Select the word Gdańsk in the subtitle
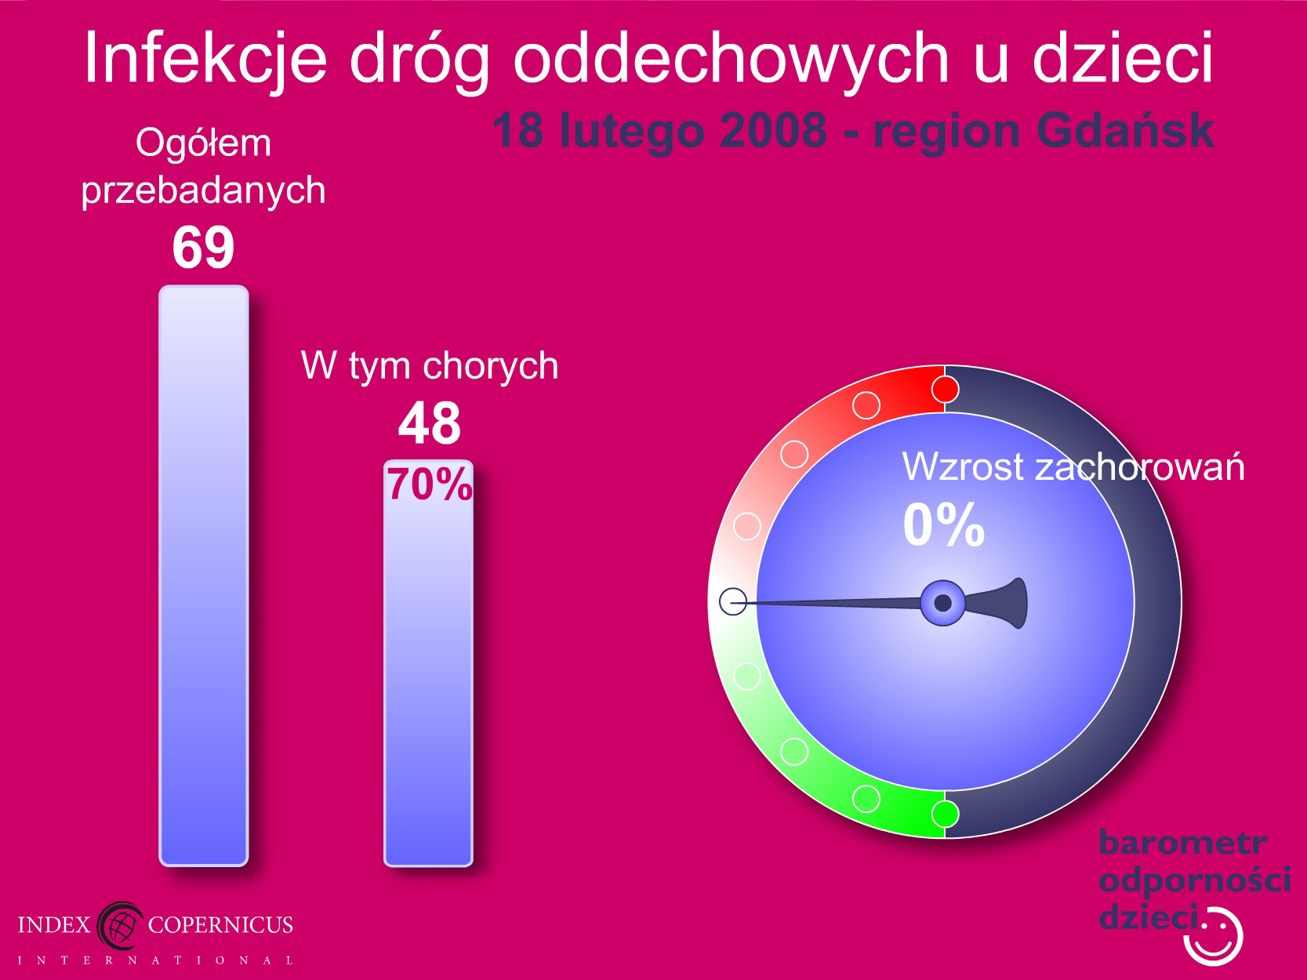[1125, 132]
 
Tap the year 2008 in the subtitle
[773, 130]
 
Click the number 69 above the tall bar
[203, 246]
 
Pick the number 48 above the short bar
[430, 423]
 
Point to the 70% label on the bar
[430, 484]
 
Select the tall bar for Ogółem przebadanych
[204, 575]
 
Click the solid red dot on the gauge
[945, 390]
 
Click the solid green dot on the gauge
[945, 813]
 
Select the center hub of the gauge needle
[942, 603]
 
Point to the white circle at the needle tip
[733, 601]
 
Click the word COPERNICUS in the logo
[220, 924]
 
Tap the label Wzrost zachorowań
[1073, 466]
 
